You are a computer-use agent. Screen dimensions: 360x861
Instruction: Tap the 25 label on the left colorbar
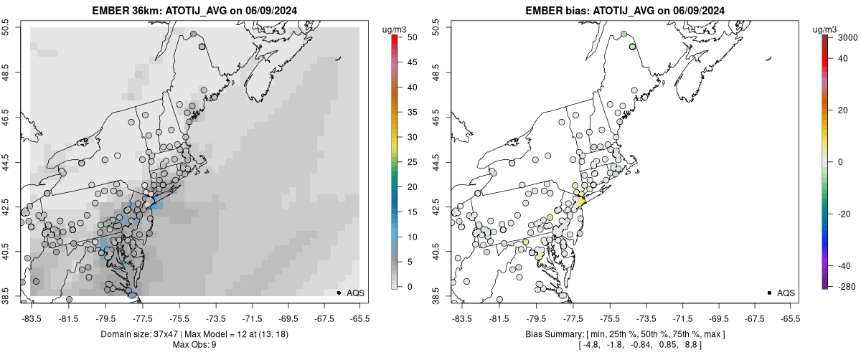click(x=413, y=162)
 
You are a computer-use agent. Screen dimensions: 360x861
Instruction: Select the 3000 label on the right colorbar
click(x=843, y=37)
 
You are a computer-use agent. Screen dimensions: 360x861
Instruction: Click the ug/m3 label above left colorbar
click(x=395, y=29)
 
